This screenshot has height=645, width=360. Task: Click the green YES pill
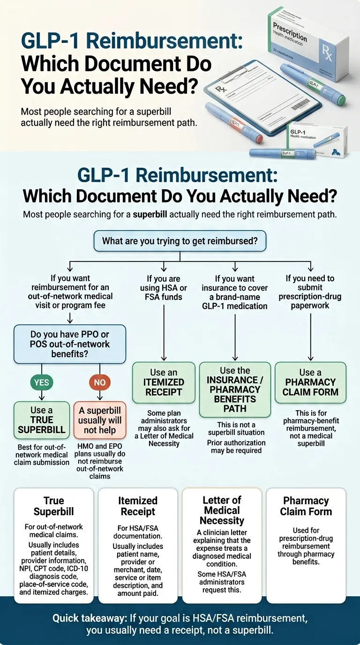point(41,382)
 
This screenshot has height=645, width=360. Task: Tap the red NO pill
point(99,382)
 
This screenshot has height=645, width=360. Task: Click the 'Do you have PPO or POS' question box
point(70,344)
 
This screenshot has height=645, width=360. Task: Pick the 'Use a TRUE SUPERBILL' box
point(42,420)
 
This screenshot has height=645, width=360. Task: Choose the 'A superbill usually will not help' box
point(99,420)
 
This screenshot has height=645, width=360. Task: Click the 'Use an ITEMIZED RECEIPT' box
point(164,382)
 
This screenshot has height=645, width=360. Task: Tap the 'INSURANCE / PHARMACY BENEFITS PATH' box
point(235,389)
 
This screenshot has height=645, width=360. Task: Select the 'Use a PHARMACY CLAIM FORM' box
point(310,382)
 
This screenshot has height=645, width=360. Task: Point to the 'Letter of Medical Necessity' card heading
point(222,510)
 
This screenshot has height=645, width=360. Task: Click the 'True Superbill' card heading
point(53,506)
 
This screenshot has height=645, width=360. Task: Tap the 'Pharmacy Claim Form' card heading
point(306,506)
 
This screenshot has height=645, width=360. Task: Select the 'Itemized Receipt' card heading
point(137,506)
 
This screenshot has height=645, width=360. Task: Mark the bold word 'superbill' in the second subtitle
point(150,215)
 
